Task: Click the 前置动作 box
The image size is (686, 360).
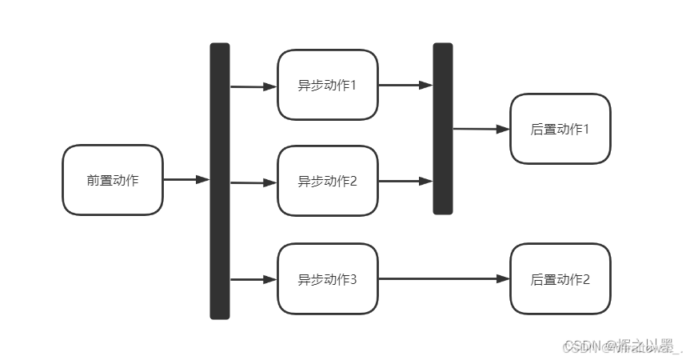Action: [113, 180]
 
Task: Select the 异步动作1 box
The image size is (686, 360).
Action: [327, 85]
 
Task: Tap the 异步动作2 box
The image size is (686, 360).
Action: [327, 181]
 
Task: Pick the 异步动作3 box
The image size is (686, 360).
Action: [327, 279]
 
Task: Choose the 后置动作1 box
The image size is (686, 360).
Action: [560, 129]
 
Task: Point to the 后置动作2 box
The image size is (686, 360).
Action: [560, 279]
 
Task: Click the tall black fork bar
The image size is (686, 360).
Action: [220, 181]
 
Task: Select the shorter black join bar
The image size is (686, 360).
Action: [443, 129]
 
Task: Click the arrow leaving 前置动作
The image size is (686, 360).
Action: [185, 180]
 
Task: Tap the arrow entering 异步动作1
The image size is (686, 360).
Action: [253, 86]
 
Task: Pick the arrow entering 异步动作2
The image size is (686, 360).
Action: [253, 182]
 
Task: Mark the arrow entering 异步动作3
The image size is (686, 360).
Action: [253, 279]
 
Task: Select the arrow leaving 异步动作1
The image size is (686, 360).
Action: [405, 85]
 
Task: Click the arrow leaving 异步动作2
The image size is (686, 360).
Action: [405, 181]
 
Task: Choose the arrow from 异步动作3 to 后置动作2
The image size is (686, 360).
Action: [444, 278]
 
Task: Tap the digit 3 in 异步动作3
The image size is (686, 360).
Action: [353, 279]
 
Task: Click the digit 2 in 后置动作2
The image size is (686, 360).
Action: [586, 279]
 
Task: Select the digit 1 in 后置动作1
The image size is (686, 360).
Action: [586, 129]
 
